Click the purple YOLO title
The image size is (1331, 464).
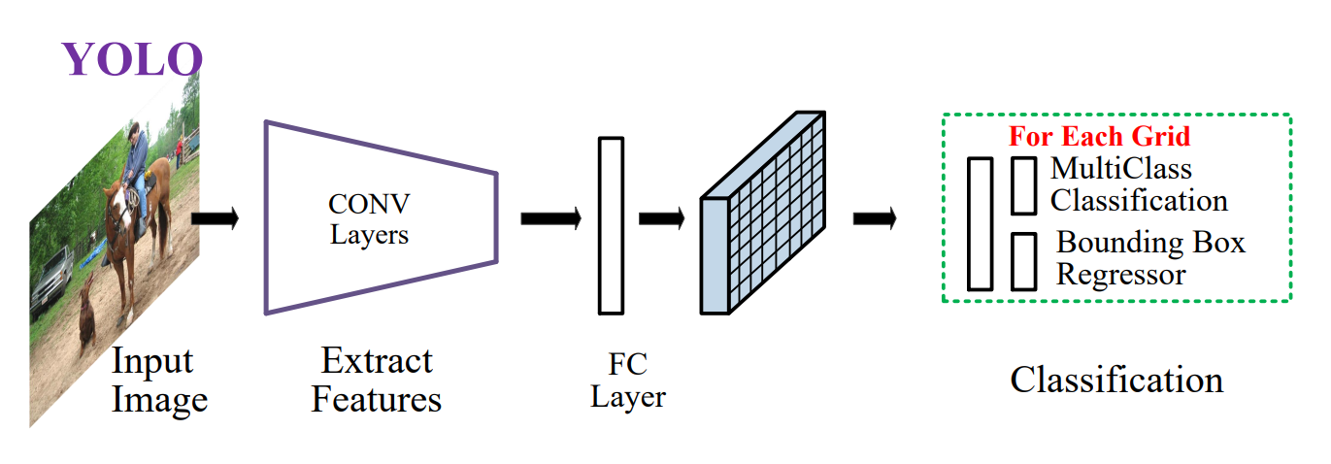click(132, 59)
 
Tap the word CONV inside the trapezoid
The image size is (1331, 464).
click(369, 205)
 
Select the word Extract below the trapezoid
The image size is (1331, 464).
click(377, 361)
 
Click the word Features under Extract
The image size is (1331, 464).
click(377, 399)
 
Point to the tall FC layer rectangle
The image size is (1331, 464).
click(611, 226)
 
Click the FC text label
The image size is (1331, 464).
click(627, 364)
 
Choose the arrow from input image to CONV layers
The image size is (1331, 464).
click(216, 218)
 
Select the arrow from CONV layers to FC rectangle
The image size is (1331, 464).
click(551, 218)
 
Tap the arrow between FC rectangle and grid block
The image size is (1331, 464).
click(662, 218)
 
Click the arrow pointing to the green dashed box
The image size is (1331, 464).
click(875, 218)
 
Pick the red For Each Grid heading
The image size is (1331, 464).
click(1099, 136)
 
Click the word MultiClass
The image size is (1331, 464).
click(1121, 168)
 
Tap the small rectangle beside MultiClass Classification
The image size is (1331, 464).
click(1024, 185)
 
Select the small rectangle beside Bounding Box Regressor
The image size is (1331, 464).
click(1024, 261)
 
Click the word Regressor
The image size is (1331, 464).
click(1120, 275)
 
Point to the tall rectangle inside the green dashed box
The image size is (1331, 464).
click(981, 224)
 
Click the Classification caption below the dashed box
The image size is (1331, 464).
click(1117, 380)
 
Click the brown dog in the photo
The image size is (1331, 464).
click(88, 312)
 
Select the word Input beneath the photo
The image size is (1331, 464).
click(152, 362)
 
